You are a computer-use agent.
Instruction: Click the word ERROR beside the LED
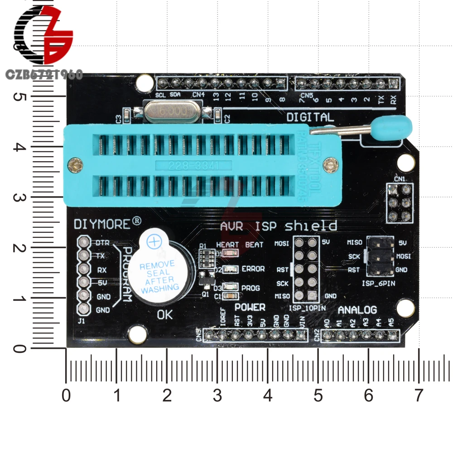pyautogui.click(x=253, y=269)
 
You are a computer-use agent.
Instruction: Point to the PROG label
pyautogui.click(x=250, y=288)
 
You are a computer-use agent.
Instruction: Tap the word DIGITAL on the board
pyautogui.click(x=310, y=117)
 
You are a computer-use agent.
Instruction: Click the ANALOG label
pyautogui.click(x=357, y=310)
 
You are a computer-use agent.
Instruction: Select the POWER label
pyautogui.click(x=250, y=308)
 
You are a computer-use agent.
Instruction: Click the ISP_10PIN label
pyautogui.click(x=304, y=308)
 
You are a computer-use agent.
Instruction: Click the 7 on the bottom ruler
pyautogui.click(x=418, y=396)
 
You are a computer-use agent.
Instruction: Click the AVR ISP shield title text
pyautogui.click(x=278, y=226)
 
